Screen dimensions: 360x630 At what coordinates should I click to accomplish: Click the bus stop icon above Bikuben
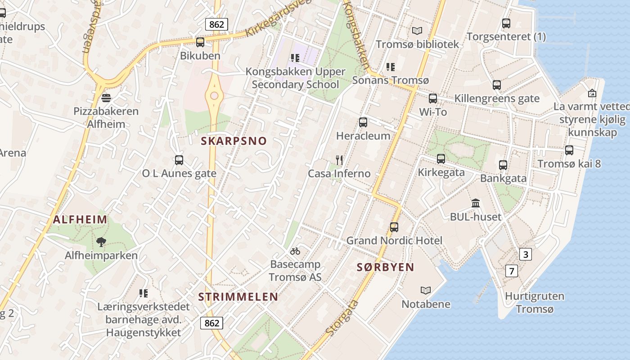pos(200,42)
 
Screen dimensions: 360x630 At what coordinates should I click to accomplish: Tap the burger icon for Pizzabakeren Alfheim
pos(106,98)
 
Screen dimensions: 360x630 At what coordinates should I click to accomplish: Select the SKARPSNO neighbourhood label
pos(234,141)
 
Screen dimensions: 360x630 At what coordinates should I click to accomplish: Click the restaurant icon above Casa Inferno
pos(339,160)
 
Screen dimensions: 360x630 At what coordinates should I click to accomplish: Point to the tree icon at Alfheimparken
pos(101,242)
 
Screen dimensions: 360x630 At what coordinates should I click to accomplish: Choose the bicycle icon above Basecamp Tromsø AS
pos(295,251)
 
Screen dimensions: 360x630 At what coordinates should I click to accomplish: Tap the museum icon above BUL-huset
pos(476,203)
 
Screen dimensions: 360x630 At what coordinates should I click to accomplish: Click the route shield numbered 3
pos(525,255)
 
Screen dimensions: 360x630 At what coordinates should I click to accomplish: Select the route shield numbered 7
pos(511,271)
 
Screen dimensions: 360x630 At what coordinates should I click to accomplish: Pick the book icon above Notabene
pos(426,291)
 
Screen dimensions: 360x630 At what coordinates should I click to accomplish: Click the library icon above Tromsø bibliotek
pos(417,31)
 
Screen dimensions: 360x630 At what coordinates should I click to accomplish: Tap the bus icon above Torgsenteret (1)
pos(506,23)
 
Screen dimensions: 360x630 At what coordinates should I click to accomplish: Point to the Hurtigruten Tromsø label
pos(535,302)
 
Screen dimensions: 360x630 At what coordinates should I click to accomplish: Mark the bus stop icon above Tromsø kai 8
pos(569,150)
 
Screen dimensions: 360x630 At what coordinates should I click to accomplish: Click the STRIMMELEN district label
pos(238,297)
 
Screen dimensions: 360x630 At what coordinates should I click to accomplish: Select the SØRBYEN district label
pos(385,267)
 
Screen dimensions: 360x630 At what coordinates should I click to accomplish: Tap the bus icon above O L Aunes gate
pos(179,160)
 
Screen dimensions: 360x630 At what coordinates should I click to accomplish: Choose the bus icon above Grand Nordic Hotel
pos(394,227)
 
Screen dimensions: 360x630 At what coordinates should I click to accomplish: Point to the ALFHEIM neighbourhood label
pos(80,220)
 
